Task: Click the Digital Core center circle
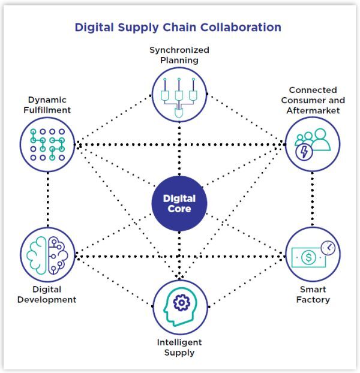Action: point(179,204)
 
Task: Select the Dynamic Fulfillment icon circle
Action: point(47,143)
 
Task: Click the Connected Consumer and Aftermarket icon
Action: point(312,144)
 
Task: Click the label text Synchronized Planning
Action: point(179,55)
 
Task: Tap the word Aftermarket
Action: point(313,110)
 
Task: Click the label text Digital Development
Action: point(47,294)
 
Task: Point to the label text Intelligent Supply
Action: point(179,347)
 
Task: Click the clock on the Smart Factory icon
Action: point(329,246)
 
